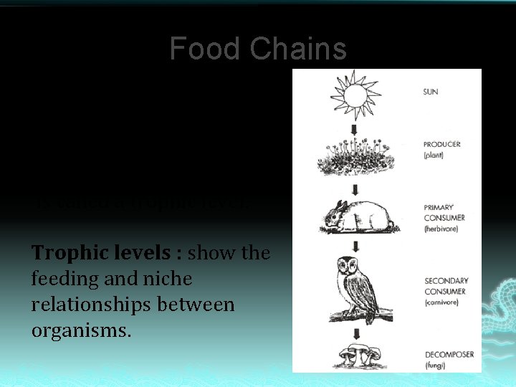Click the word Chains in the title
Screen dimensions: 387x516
(298, 49)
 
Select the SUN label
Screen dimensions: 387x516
(431, 92)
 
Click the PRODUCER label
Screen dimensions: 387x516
(442, 144)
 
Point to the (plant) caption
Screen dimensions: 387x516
(434, 155)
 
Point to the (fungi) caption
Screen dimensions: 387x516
(435, 365)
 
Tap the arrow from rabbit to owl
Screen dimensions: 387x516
(355, 245)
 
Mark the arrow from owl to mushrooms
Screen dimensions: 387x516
(356, 330)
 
